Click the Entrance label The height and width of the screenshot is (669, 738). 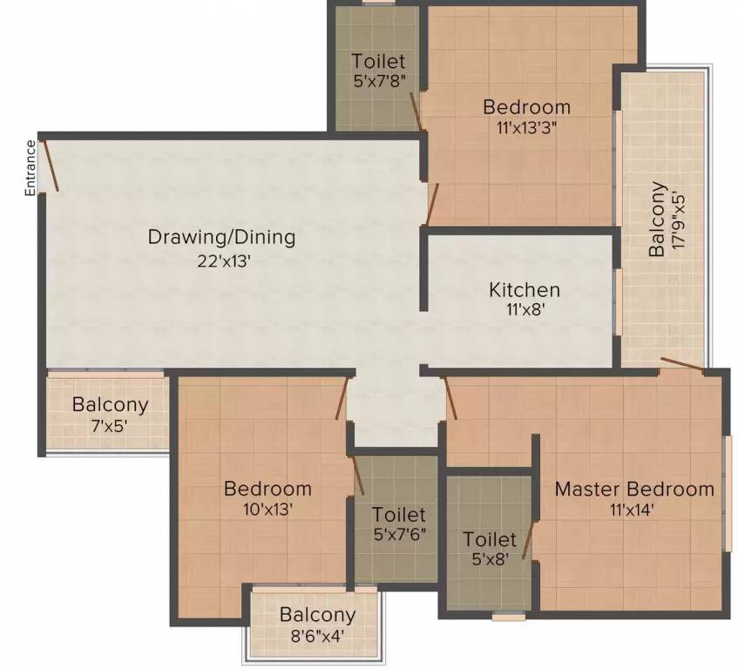click(x=30, y=166)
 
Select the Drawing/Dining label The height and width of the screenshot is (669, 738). click(x=221, y=236)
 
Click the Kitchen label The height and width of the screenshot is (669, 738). click(x=524, y=289)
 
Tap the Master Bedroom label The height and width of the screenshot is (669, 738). click(x=634, y=489)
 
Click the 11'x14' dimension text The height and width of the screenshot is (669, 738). click(x=634, y=510)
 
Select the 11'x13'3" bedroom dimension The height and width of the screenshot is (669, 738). click(x=526, y=128)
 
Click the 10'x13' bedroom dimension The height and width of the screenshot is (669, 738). click(x=267, y=510)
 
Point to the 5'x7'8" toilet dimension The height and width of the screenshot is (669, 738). click(x=378, y=82)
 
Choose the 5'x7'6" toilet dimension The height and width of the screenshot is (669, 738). click(x=398, y=536)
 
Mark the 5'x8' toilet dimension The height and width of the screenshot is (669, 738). click(x=489, y=560)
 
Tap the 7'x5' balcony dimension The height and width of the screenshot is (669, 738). click(x=110, y=426)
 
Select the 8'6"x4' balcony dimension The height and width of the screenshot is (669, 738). click(x=317, y=635)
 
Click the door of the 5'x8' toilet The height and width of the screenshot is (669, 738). click(x=526, y=539)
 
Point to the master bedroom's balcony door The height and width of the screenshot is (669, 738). click(x=681, y=364)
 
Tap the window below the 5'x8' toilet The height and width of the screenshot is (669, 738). click(x=508, y=616)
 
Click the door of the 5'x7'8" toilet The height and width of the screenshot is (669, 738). click(x=416, y=110)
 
